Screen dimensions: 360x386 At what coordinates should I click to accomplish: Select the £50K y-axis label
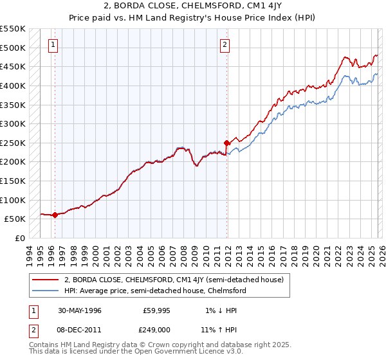click(x=15, y=219)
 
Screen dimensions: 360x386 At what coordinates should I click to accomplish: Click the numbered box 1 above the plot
click(x=52, y=45)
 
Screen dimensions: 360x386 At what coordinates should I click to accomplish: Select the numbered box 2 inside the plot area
click(x=225, y=45)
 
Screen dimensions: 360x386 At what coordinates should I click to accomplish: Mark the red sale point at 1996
click(x=55, y=215)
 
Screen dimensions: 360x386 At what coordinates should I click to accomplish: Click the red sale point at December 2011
click(x=227, y=143)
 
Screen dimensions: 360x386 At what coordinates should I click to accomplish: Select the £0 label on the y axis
click(x=20, y=238)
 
